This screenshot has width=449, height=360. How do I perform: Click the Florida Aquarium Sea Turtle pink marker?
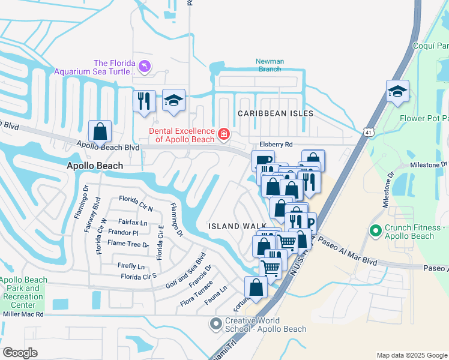click(145, 66)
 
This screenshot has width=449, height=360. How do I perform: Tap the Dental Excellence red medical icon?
click(224, 134)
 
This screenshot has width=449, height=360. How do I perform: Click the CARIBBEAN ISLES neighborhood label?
click(276, 113)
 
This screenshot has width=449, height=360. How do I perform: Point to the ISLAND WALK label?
click(233, 226)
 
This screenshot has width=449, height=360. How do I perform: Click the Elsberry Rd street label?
click(276, 145)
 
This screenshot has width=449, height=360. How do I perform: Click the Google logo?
click(20, 353)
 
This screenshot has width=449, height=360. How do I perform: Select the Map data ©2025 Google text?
click(411, 355)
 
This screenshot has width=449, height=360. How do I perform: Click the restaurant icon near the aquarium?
click(144, 100)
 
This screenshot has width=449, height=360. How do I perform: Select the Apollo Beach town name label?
click(95, 166)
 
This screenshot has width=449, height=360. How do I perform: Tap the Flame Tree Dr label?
click(128, 244)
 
